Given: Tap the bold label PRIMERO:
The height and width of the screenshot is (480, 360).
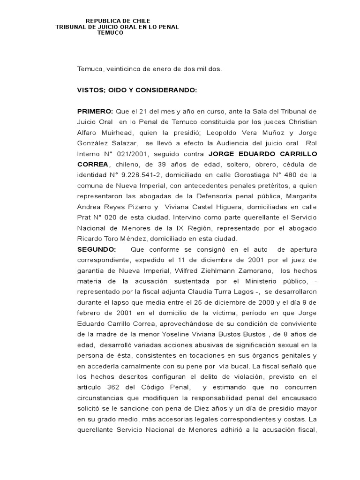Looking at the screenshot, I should click(95, 111).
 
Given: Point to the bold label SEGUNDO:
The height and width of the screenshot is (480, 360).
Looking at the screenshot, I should click(97, 249).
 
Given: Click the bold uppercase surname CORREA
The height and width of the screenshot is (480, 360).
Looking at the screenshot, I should click(93, 164).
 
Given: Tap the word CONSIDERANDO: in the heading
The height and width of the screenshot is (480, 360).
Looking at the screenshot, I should click(162, 90).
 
